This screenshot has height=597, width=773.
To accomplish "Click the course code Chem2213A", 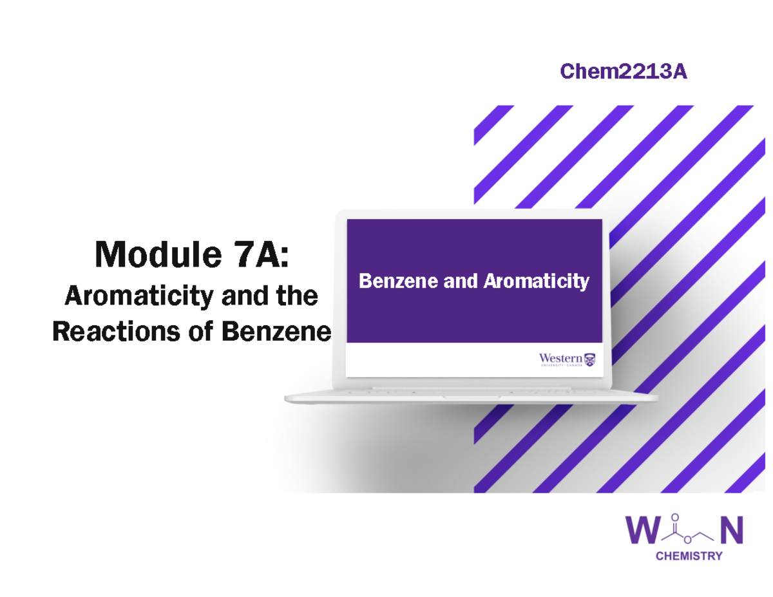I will pos(623,72).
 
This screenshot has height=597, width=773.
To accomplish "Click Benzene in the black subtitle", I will pos(276,332).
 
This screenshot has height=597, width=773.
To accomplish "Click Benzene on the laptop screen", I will pos(394,281).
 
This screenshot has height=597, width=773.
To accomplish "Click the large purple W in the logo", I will pos(644,531).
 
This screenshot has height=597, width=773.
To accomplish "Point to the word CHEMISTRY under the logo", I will pos(688,556).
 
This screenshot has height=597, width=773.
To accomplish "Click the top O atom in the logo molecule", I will pos(674,516).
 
